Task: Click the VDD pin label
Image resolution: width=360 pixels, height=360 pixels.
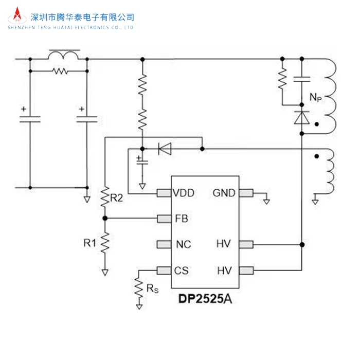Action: (x=184, y=193)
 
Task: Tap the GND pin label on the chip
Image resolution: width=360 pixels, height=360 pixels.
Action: (x=224, y=193)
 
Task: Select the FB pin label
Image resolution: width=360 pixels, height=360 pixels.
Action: (x=181, y=219)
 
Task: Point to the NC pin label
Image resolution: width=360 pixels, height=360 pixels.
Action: (x=183, y=244)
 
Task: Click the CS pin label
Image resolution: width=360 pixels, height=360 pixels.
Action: (x=181, y=270)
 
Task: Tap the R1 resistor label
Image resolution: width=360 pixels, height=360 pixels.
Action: (x=91, y=242)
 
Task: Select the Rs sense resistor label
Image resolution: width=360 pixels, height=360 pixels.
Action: (x=152, y=290)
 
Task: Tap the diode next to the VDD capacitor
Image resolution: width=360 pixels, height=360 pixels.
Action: (x=165, y=149)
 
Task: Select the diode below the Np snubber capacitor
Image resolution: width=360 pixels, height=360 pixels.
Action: (x=301, y=118)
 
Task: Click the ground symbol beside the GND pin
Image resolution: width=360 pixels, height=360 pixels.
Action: (x=266, y=201)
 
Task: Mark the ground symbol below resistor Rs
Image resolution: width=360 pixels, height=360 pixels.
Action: (x=139, y=307)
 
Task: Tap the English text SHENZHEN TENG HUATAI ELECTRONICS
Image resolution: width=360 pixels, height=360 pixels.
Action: (x=71, y=27)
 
